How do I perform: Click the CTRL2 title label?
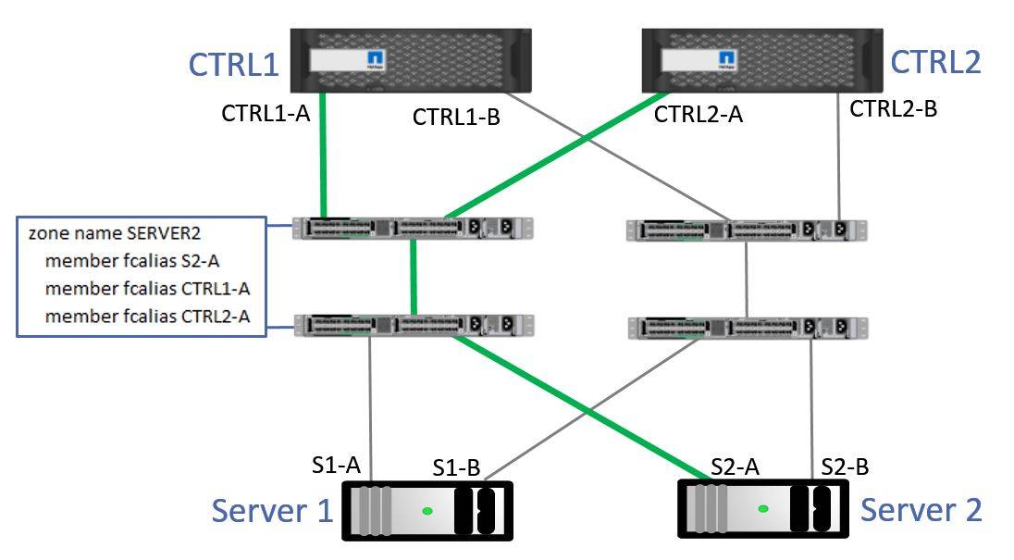tap(934, 61)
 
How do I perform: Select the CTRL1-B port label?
tap(456, 117)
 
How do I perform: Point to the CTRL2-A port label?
tap(698, 114)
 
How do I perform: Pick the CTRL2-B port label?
tap(893, 108)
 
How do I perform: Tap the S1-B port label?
tap(456, 468)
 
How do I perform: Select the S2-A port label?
tap(735, 467)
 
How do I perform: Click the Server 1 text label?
tap(272, 510)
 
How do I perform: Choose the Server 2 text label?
tap(921, 509)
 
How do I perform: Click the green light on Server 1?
tap(427, 511)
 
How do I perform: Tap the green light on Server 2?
tap(763, 508)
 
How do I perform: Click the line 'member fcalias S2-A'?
tap(131, 261)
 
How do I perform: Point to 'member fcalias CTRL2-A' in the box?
tap(147, 317)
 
